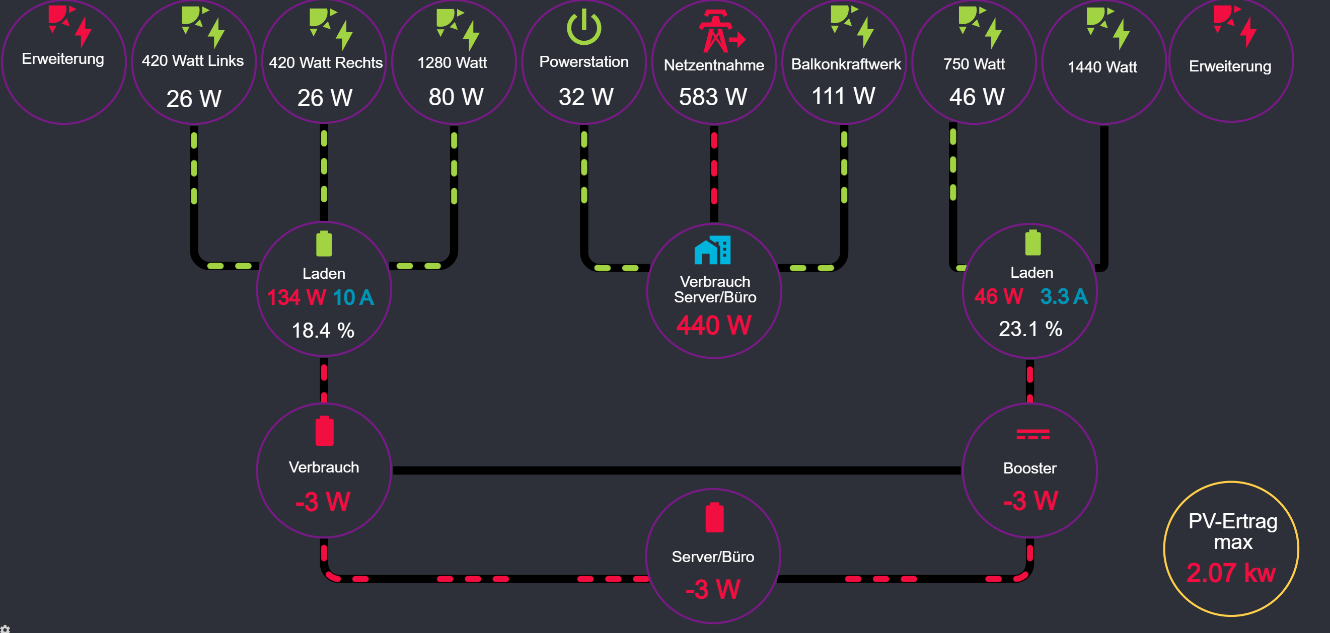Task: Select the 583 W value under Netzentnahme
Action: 713,97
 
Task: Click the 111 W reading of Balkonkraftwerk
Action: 844,96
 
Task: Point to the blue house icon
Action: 712,250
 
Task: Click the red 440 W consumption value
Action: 714,326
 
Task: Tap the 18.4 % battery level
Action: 323,331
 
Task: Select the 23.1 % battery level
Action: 1030,329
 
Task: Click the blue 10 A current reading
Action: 353,298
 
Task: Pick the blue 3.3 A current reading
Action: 1064,297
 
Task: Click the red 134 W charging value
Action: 297,298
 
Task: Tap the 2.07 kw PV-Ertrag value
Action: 1231,573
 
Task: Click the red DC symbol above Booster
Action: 1032,434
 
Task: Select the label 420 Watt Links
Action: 193,61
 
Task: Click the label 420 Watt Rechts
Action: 326,63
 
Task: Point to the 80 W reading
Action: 456,97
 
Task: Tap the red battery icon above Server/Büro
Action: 714,517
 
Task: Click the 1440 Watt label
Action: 1102,67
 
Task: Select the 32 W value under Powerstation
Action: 586,97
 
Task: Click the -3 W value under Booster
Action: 1030,501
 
